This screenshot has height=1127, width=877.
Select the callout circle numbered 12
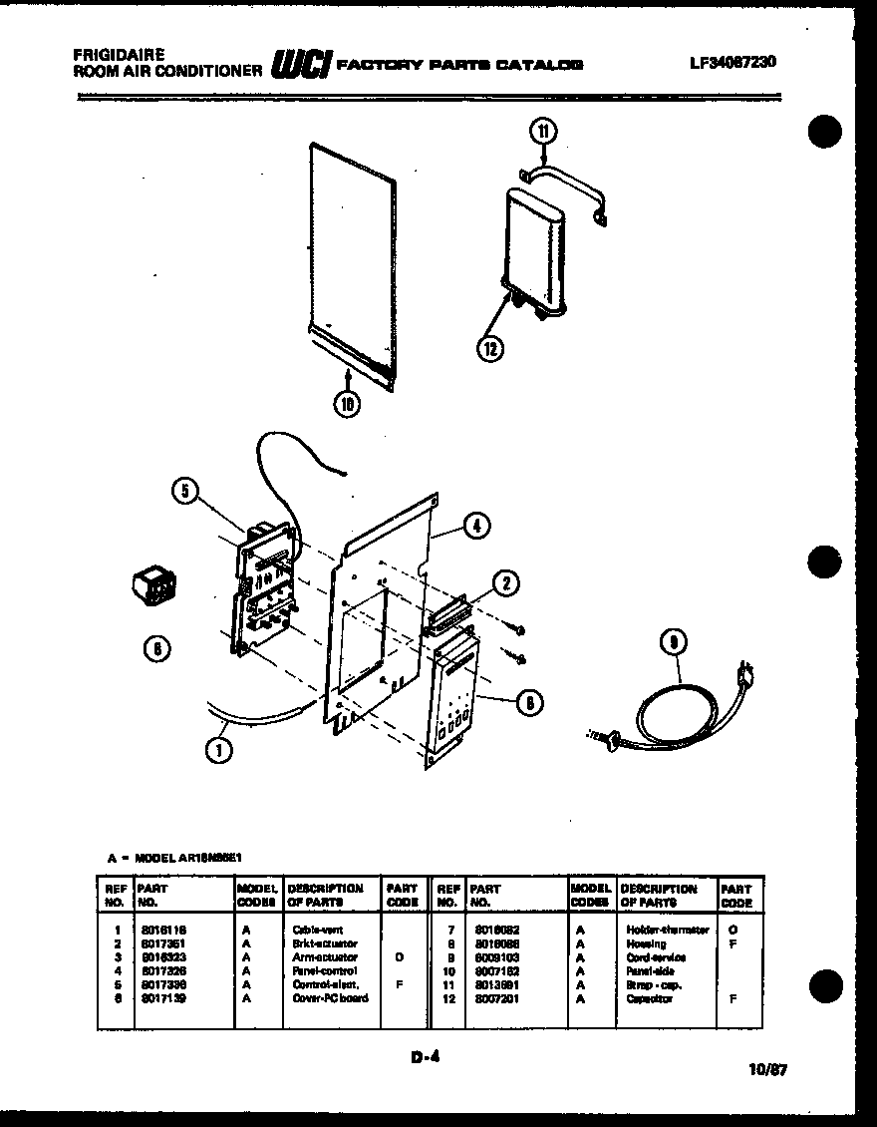click(x=490, y=347)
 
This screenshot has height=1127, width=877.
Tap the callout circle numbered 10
click(x=346, y=403)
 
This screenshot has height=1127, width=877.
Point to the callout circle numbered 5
click(x=184, y=490)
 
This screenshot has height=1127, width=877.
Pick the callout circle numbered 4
click(x=477, y=526)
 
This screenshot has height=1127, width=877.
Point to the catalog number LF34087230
click(x=732, y=62)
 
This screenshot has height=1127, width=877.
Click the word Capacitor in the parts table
click(x=650, y=998)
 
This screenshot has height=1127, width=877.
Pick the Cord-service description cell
click(x=656, y=957)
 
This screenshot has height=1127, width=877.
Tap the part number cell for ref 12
click(x=492, y=998)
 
